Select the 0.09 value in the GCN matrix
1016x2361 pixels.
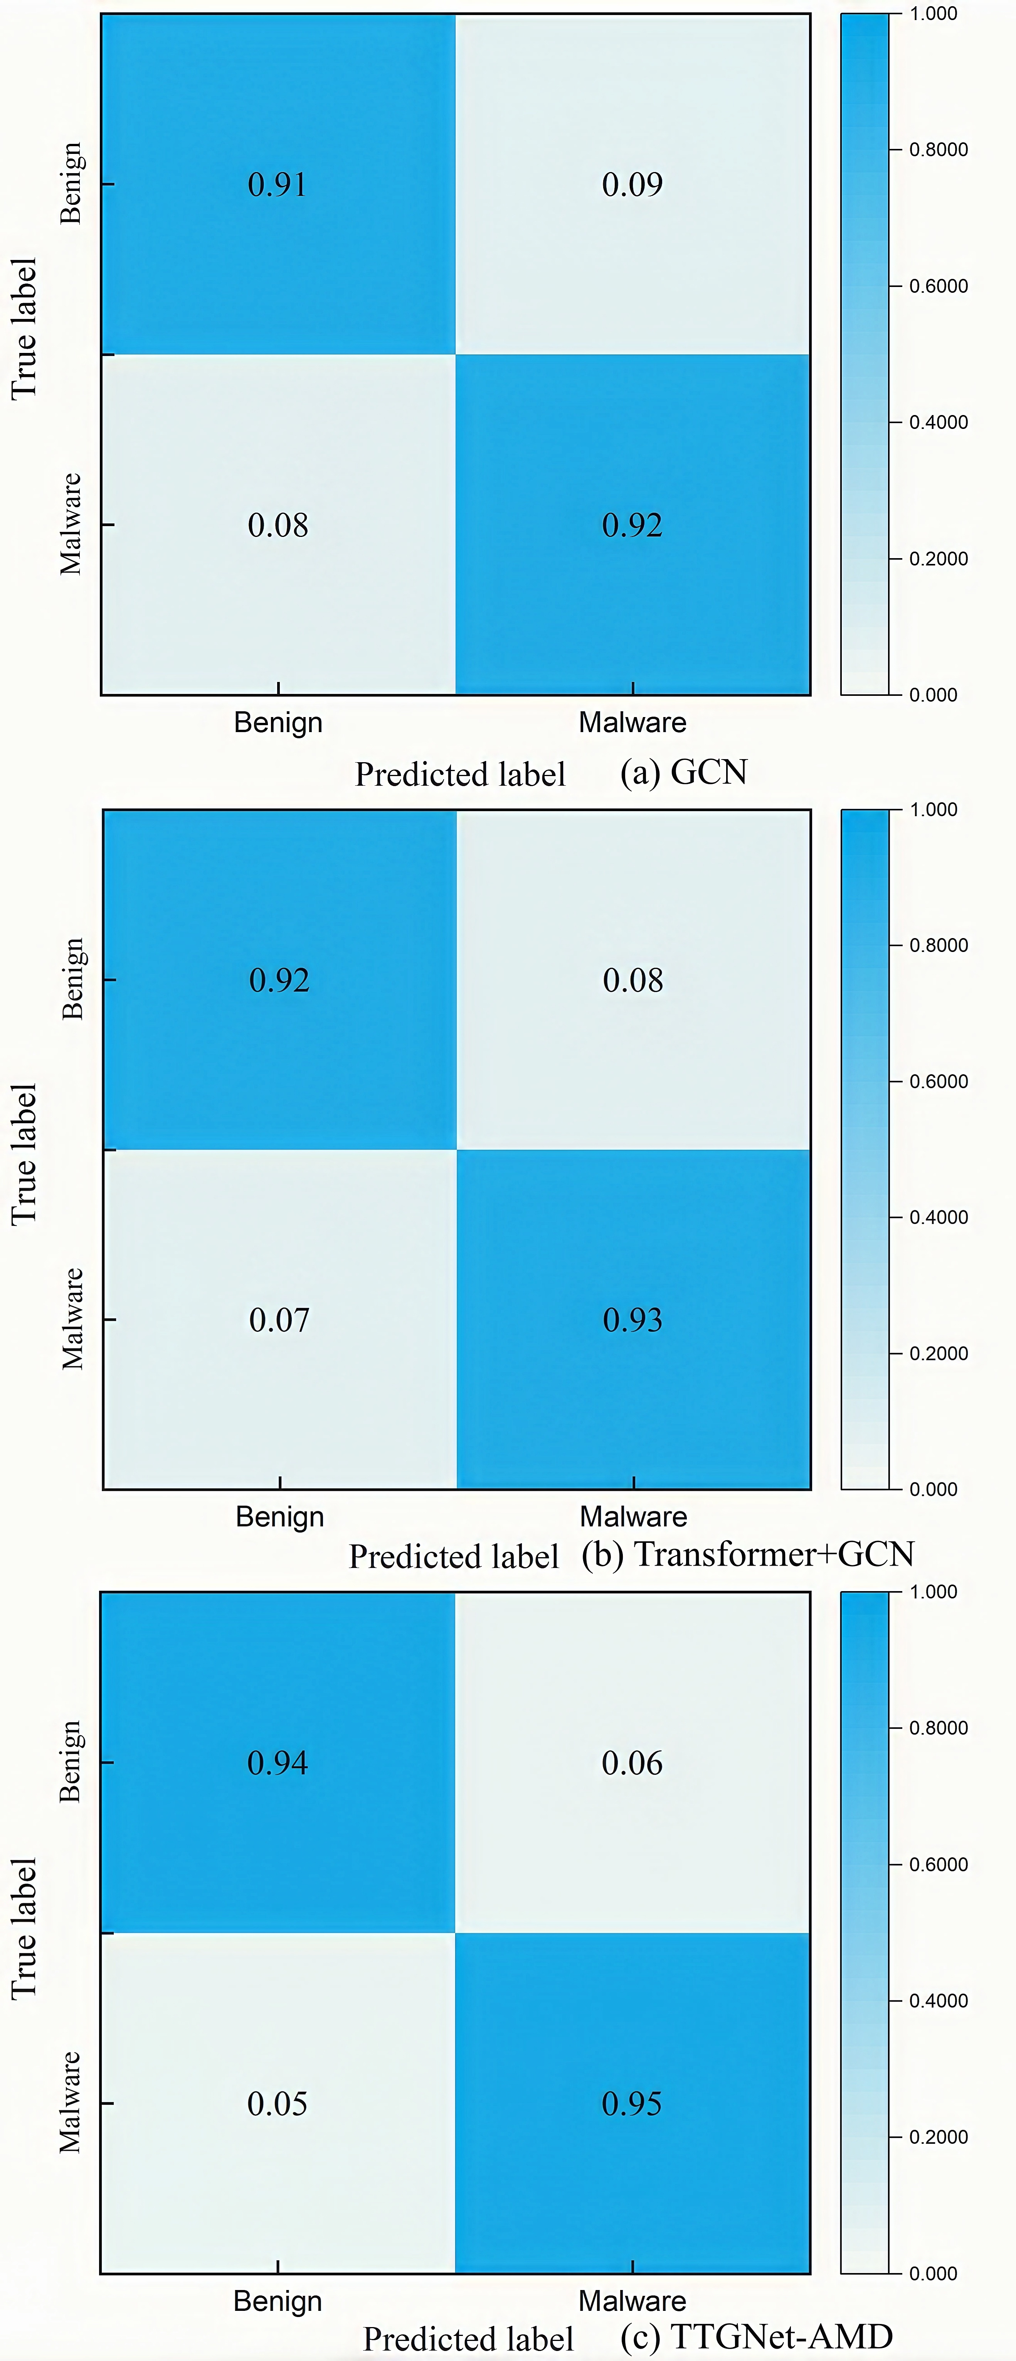[632, 184]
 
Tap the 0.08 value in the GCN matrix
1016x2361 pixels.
[278, 525]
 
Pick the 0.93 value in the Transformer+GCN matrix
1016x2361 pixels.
[632, 1320]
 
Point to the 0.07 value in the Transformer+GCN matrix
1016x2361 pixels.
[279, 1320]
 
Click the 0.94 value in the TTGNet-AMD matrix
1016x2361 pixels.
[278, 1762]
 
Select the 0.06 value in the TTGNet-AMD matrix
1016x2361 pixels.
[632, 1762]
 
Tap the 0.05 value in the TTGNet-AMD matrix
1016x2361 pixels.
[278, 2103]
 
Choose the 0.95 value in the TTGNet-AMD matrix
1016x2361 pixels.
[632, 2103]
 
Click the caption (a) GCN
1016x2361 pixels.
[683, 773]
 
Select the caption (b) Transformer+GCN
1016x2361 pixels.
[748, 1554]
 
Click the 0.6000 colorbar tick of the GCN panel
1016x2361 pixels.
[938, 286]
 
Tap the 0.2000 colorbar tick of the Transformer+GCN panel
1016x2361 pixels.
[938, 1354]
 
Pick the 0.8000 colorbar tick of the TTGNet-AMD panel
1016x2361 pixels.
[938, 1728]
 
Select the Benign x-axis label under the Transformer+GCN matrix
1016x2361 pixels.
[279, 1517]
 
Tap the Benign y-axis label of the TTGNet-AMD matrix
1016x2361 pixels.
[71, 1762]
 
